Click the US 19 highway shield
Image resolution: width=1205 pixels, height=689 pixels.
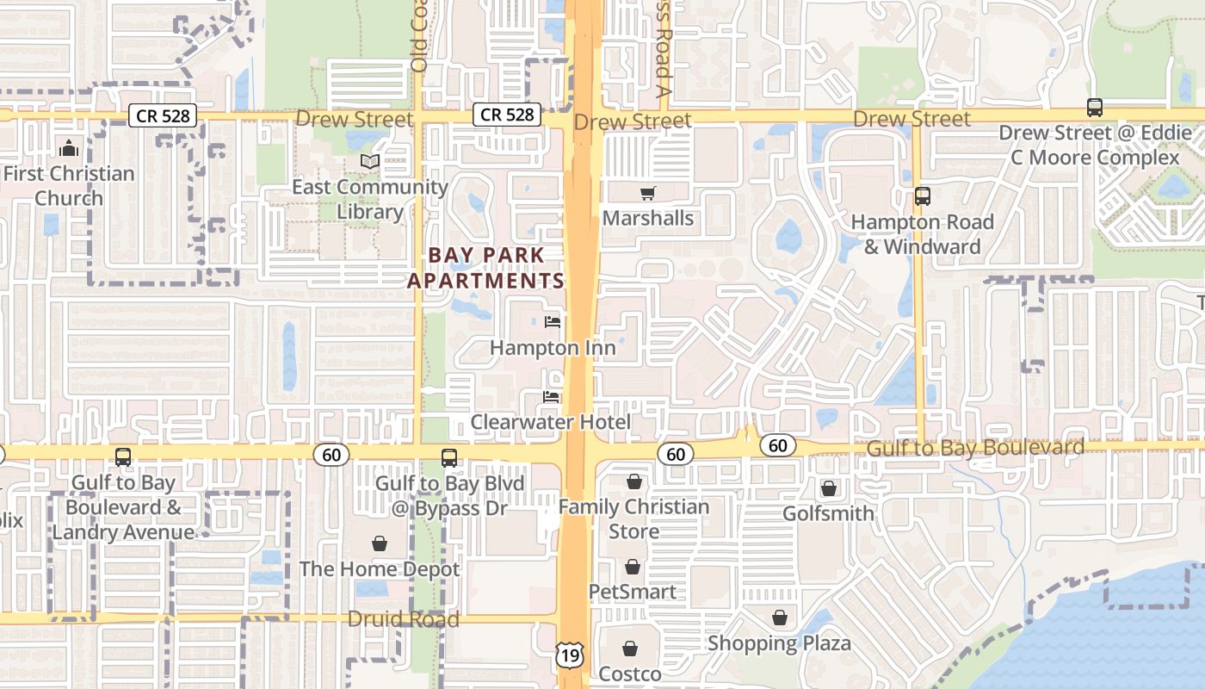click(x=569, y=655)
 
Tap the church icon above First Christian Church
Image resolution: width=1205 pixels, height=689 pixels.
click(x=69, y=148)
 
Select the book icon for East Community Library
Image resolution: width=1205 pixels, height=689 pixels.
click(x=370, y=162)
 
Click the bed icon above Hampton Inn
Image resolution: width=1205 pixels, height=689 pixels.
click(x=553, y=322)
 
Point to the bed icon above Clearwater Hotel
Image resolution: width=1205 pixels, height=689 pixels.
click(x=551, y=397)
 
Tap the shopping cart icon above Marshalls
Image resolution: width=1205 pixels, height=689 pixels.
click(x=647, y=193)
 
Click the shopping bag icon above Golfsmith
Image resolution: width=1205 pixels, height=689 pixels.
click(x=828, y=488)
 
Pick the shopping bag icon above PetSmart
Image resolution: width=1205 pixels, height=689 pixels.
click(x=633, y=567)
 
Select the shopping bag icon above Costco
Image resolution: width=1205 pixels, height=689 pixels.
click(x=630, y=648)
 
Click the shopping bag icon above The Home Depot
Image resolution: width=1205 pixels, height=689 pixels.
click(x=379, y=543)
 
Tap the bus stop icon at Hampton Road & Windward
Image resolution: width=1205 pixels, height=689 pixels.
click(x=923, y=196)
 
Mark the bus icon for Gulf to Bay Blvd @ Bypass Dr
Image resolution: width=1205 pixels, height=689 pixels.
click(x=448, y=458)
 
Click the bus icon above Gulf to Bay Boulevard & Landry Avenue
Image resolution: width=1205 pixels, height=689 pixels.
click(x=123, y=457)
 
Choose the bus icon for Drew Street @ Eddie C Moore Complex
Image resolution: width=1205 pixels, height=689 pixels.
click(x=1095, y=108)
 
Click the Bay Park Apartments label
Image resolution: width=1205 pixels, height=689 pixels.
click(x=485, y=268)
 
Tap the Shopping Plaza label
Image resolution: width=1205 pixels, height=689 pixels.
click(x=779, y=643)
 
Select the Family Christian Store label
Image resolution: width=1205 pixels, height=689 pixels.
click(x=633, y=518)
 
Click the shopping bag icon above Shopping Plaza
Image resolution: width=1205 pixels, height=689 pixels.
click(x=779, y=618)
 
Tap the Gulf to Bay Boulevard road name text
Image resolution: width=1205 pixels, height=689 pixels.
click(x=975, y=448)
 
